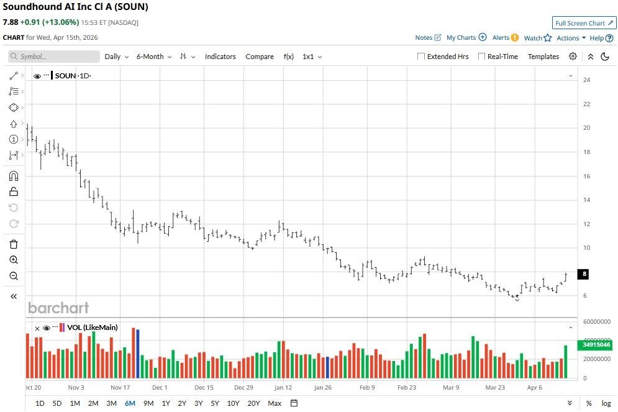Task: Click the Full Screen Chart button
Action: tap(584, 23)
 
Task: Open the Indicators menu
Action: tap(220, 57)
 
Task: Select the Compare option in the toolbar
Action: tap(259, 57)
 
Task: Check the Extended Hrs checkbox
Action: tap(421, 57)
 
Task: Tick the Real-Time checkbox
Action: tap(481, 57)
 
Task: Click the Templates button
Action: tap(543, 57)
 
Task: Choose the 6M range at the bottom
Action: tap(130, 403)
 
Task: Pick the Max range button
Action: tap(275, 403)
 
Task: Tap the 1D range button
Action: tap(40, 403)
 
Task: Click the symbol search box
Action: tap(54, 57)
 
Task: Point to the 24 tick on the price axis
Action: tap(586, 80)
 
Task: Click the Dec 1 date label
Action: tap(160, 387)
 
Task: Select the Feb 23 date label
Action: tap(407, 387)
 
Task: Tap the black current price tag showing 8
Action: tap(584, 274)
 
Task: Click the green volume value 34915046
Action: tap(596, 344)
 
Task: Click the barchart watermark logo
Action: tap(58, 308)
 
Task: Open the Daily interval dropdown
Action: tap(116, 57)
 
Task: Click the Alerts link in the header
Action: tap(501, 38)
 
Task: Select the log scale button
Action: tap(606, 403)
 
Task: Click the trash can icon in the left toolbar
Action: tap(14, 244)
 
